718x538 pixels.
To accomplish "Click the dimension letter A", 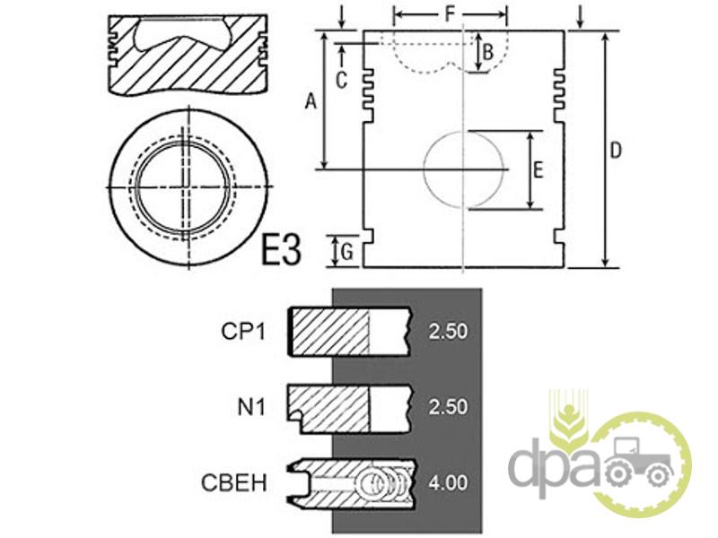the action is pyautogui.click(x=311, y=101).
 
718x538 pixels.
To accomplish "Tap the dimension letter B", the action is pyautogui.click(x=488, y=52).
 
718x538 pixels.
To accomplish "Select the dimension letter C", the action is pyautogui.click(x=341, y=81).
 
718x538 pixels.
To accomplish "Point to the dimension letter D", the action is pyautogui.click(x=617, y=150).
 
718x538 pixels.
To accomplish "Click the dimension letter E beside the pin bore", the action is pyautogui.click(x=538, y=169).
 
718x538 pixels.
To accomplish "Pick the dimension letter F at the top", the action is pyautogui.click(x=450, y=14).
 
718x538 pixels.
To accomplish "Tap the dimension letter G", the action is pyautogui.click(x=347, y=252).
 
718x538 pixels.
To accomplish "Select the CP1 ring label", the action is pyautogui.click(x=243, y=332).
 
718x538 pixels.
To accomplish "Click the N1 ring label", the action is pyautogui.click(x=251, y=407).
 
